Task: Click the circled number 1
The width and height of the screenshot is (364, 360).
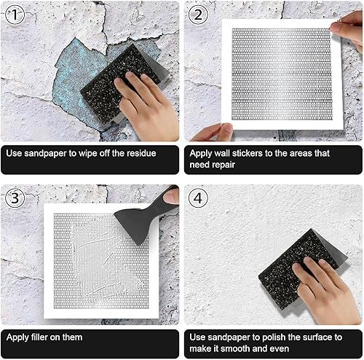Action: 15,15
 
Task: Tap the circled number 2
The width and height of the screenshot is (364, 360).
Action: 198,15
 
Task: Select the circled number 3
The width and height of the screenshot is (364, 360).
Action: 15,198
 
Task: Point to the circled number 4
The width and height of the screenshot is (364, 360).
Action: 198,198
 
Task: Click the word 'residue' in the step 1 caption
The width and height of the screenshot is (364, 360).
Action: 141,153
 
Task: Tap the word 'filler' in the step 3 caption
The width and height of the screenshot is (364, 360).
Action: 39,337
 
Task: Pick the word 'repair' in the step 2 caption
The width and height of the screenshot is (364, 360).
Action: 223,165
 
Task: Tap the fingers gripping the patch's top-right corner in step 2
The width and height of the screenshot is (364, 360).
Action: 348,28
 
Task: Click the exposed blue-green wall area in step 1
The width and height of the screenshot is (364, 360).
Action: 73,80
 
